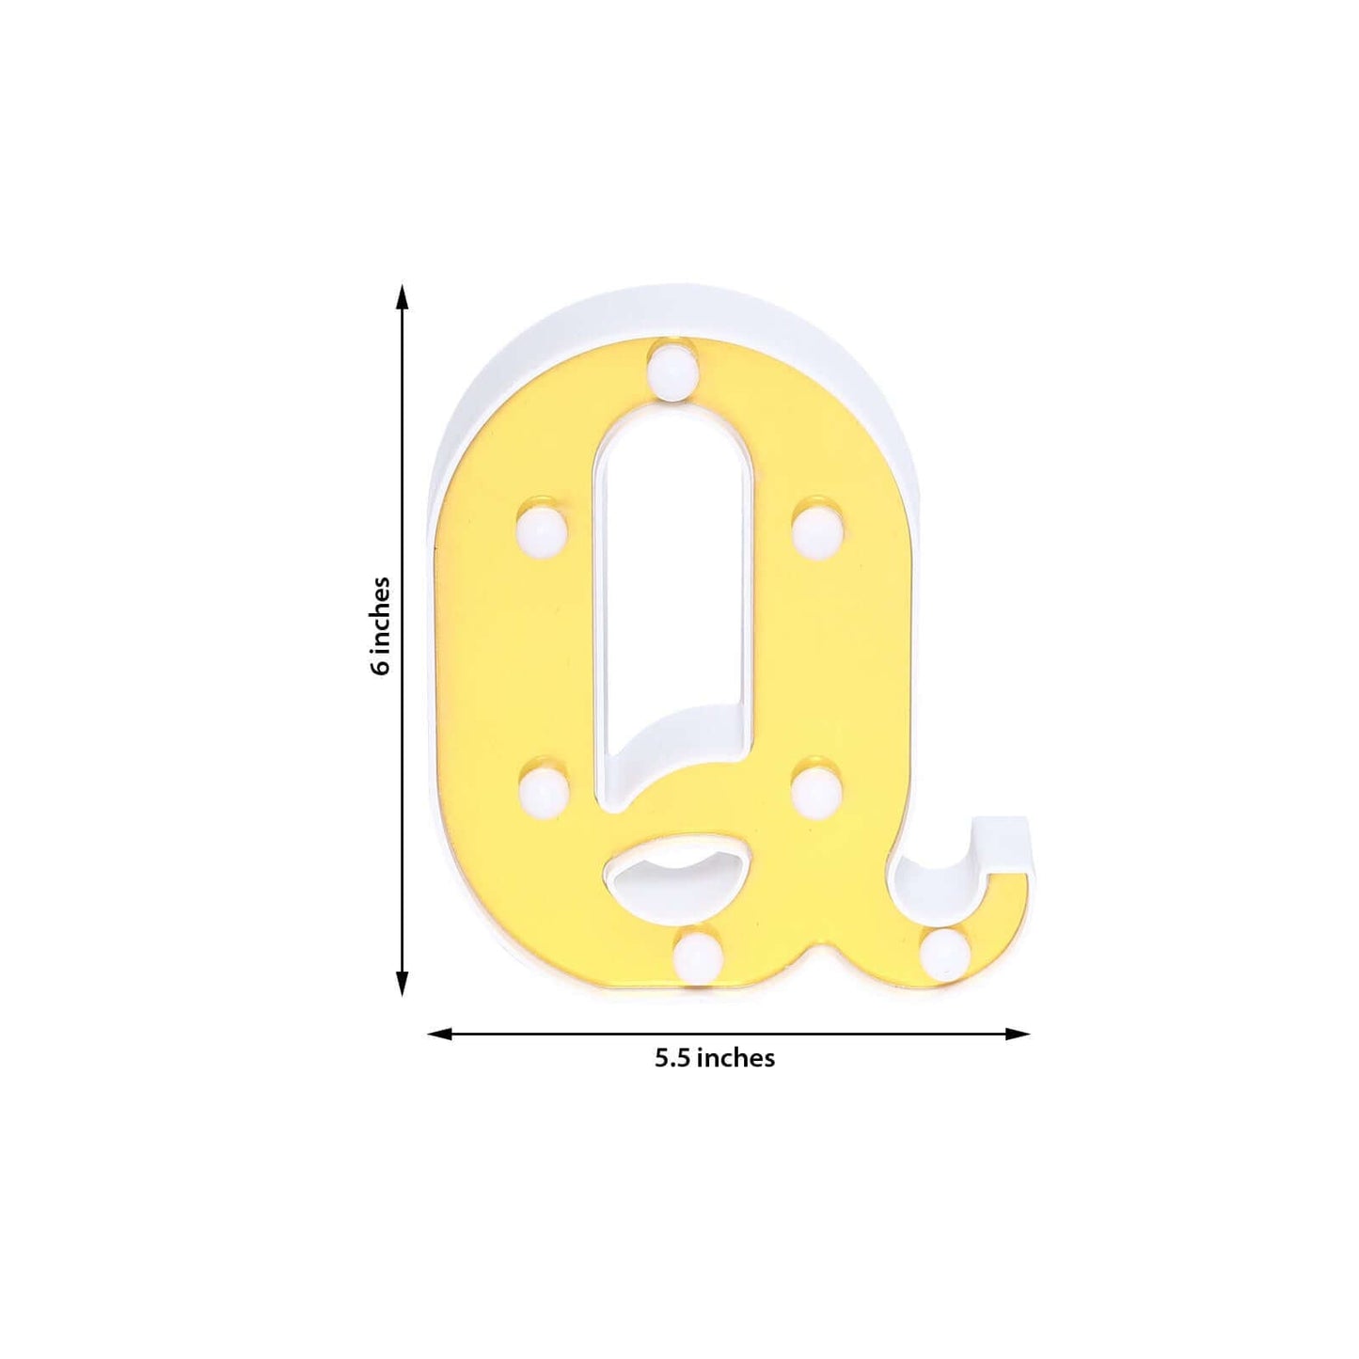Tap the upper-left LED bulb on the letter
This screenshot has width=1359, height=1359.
pyautogui.click(x=542, y=529)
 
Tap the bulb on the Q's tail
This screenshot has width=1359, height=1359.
pyautogui.click(x=945, y=954)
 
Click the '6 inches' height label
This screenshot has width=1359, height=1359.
pyautogui.click(x=380, y=625)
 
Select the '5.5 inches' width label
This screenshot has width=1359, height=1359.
pyautogui.click(x=715, y=1058)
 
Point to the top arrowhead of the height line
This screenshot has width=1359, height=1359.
pyautogui.click(x=403, y=297)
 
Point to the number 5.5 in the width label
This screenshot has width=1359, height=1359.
pyautogui.click(x=673, y=1058)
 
